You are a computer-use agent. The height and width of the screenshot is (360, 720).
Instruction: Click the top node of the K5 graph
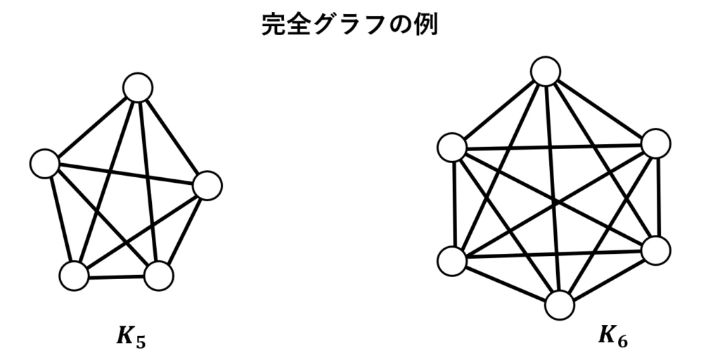(138, 87)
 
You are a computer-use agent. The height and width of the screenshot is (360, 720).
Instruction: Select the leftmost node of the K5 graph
(44, 163)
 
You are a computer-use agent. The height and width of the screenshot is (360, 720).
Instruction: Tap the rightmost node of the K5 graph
(207, 186)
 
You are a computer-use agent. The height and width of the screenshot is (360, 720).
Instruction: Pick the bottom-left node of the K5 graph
(74, 276)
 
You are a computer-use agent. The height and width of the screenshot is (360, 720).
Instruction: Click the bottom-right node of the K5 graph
(159, 276)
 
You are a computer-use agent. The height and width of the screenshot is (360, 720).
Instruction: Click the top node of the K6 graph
(546, 72)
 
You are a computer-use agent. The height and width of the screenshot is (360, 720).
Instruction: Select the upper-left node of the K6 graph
(452, 148)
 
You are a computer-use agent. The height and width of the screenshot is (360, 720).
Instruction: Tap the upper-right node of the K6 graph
(656, 143)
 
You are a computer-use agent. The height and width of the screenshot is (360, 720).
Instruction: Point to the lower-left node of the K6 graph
(452, 261)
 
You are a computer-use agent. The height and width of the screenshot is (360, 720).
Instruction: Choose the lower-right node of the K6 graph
(656, 251)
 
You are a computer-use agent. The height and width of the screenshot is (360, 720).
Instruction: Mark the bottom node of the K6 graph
(560, 305)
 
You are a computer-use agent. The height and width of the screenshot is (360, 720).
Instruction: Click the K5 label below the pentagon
(131, 337)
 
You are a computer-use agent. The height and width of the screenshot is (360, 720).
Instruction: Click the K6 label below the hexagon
(613, 336)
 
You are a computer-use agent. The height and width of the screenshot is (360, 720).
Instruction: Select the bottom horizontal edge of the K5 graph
(116, 277)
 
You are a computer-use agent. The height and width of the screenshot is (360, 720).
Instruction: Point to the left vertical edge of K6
(454, 205)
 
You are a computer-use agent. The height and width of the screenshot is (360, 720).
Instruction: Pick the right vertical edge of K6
(657, 198)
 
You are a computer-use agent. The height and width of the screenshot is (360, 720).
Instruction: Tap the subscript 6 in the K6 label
(623, 341)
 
